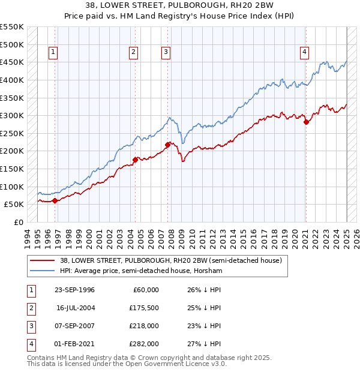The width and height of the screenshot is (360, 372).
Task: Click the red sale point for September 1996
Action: tap(55, 201)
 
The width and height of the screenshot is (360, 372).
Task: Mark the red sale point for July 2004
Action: tap(135, 159)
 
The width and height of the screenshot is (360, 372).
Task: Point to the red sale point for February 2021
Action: tap(307, 122)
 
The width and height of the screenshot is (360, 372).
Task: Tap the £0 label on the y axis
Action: tap(18, 222)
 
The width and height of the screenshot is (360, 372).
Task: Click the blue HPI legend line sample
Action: tap(43, 271)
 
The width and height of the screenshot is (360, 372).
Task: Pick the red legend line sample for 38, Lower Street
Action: tap(43, 260)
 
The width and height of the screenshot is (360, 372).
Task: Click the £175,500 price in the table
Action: tap(143, 308)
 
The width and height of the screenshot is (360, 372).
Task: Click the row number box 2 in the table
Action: tap(30, 308)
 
